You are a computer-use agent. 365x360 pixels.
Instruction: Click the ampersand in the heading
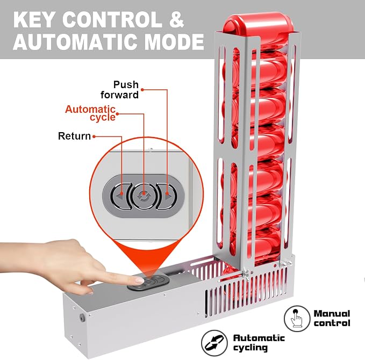[x=176, y=20]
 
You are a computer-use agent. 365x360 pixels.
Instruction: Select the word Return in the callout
[x=74, y=136]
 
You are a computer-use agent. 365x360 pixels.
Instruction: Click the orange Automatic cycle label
[x=90, y=113]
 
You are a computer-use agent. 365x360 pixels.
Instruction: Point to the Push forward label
[x=120, y=90]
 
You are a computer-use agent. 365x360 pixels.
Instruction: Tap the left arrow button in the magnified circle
[x=120, y=196]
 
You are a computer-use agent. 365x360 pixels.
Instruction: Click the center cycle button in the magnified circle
[x=144, y=196]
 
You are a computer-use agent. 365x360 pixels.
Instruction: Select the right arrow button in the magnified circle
[x=167, y=196]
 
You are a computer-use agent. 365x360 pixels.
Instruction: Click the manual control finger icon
[x=297, y=318]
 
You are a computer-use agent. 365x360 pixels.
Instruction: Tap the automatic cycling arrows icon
[x=214, y=343]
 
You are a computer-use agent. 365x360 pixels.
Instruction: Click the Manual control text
[x=332, y=318]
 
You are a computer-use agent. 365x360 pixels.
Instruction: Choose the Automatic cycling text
[x=259, y=343]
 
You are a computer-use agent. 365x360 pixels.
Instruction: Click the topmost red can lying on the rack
[x=258, y=24]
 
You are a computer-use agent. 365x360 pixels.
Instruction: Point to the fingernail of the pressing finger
[x=139, y=280]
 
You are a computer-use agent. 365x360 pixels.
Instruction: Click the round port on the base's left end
[x=82, y=317]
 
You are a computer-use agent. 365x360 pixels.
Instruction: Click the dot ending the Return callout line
[x=94, y=136]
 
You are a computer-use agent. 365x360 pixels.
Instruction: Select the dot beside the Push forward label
[x=142, y=90]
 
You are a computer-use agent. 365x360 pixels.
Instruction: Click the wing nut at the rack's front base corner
[x=246, y=273]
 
